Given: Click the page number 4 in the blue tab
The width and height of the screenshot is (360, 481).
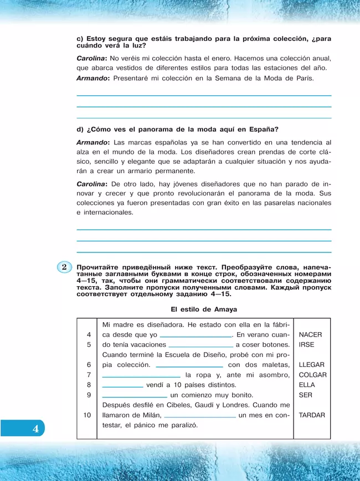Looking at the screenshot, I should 35,428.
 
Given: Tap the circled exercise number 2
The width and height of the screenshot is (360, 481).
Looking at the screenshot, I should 64,267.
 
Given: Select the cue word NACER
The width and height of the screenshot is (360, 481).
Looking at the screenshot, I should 310,335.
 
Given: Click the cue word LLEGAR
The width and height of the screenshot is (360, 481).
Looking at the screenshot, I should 311,365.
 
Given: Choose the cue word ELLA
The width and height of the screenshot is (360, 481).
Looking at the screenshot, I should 306,385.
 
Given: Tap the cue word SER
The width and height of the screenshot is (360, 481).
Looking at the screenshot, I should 305,395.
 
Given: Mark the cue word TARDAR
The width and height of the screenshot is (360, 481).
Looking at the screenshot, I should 312,415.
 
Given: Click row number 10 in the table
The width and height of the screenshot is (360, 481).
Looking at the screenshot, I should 88,415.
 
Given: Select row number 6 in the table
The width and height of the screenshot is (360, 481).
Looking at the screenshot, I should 89,365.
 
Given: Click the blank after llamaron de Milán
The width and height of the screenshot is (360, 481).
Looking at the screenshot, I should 200,416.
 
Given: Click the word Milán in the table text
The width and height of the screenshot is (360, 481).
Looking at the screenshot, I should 150,415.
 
